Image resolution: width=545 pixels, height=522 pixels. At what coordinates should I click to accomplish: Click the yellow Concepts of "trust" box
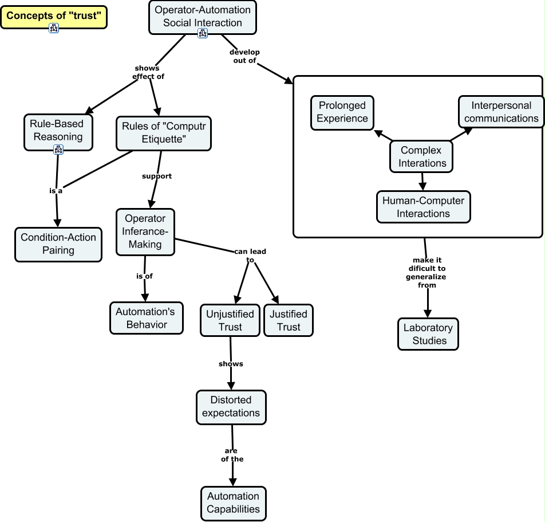point(54,16)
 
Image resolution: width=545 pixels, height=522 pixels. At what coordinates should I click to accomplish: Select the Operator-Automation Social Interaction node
point(203,17)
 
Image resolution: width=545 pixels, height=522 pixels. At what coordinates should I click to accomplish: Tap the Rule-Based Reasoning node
point(58,130)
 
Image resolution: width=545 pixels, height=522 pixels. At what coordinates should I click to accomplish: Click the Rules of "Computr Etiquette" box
point(164,133)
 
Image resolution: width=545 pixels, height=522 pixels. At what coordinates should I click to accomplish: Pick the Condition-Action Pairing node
point(58,244)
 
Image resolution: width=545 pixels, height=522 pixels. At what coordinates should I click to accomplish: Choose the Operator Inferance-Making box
point(145,231)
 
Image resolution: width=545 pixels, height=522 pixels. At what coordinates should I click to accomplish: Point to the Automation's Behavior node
point(147,318)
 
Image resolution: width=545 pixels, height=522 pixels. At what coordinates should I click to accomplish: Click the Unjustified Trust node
point(230,320)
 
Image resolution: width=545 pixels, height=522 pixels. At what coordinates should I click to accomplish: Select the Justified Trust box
point(289,320)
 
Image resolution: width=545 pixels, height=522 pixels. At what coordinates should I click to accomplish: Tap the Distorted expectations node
point(231,407)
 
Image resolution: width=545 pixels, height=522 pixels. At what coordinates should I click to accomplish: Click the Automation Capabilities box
point(233,503)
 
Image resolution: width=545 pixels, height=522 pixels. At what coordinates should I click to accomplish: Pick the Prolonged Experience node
point(342,112)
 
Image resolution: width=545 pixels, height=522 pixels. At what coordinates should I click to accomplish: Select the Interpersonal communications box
point(501,112)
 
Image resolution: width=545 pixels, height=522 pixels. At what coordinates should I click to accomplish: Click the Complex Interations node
point(421,156)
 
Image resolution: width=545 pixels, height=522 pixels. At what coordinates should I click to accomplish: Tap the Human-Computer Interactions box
point(424,207)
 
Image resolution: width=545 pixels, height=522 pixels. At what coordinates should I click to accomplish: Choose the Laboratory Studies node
point(428,334)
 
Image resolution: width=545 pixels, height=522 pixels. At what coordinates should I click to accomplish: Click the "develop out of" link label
point(244,56)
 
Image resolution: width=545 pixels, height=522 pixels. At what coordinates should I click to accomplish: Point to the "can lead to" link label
point(250,256)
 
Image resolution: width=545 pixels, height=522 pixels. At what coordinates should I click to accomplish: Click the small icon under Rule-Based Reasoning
point(58,150)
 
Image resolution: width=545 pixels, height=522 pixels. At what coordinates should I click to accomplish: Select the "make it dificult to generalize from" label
point(427,272)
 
